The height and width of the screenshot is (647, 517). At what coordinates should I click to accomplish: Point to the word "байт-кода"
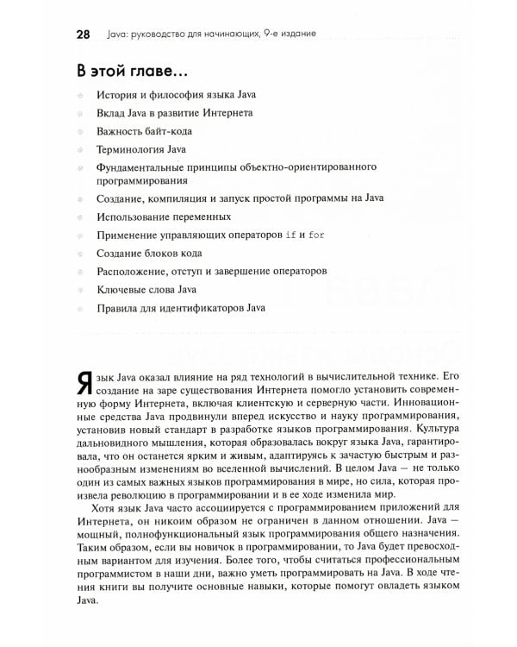coord(169,131)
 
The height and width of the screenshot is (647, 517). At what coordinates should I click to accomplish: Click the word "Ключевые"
coord(124,288)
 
